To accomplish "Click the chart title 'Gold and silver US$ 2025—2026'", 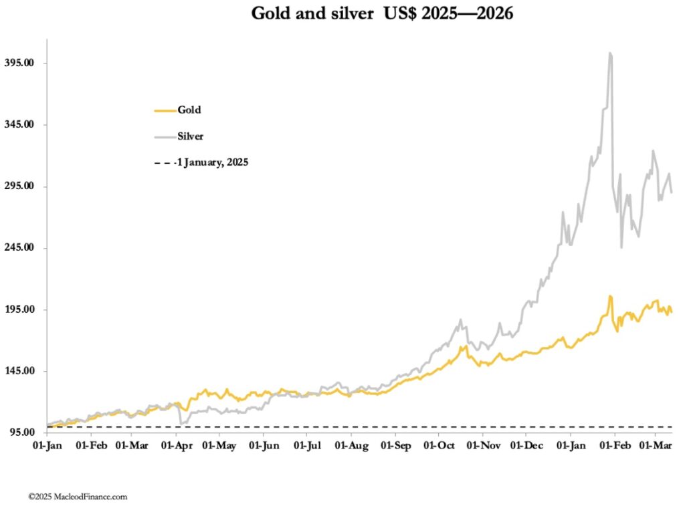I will pos(382,14).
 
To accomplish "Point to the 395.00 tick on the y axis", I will pos(19,63).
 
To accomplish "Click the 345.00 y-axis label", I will pos(19,124).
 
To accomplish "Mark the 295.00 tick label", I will pos(19,186).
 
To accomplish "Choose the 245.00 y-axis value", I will pos(19,248).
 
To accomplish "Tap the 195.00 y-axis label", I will pos(19,309).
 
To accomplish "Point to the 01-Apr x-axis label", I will pos(177,445).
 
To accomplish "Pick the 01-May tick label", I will pos(221,445).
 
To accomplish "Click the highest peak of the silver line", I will pos(609,53).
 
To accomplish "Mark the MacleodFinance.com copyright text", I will pos(78,497).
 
